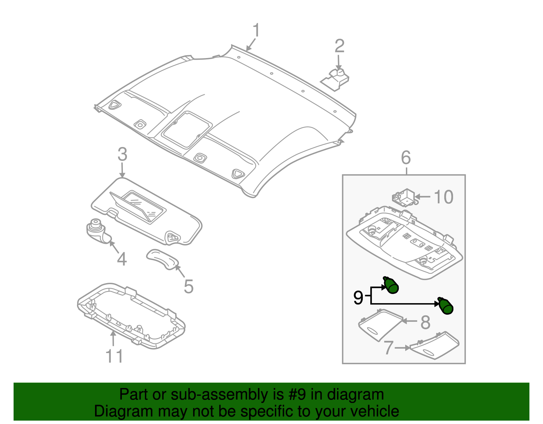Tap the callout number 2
(339, 46)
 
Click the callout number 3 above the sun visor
(122, 154)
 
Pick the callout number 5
(188, 287)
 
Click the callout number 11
(114, 356)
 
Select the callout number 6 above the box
(406, 158)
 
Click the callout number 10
(444, 197)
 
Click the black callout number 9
(358, 298)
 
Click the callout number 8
(425, 322)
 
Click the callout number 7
(389, 348)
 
